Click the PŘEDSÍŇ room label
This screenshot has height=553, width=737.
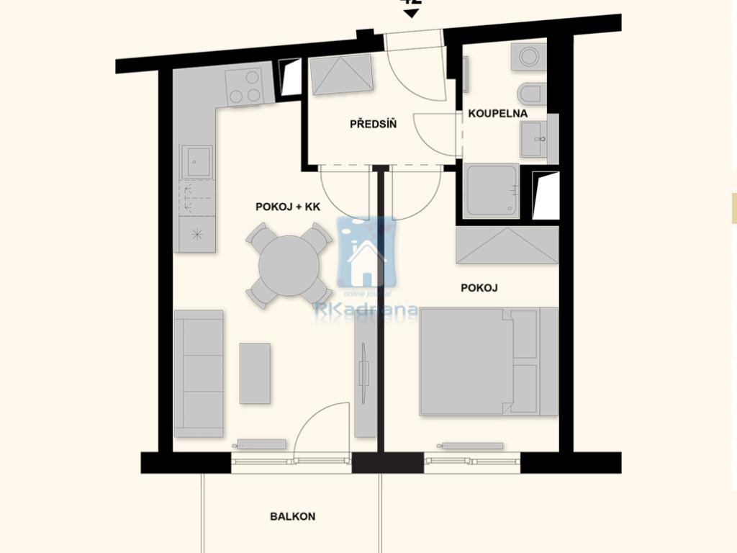[x=373, y=125]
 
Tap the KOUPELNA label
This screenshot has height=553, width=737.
[x=497, y=114]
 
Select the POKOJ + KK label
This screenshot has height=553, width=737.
[x=288, y=207]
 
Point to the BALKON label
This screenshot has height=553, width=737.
[x=292, y=516]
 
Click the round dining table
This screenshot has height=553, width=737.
[x=289, y=265]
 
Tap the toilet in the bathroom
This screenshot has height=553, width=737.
[x=532, y=94]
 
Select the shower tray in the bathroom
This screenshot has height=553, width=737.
[x=491, y=191]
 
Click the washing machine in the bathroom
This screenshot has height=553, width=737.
[x=529, y=56]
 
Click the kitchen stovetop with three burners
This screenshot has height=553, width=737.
[x=245, y=86]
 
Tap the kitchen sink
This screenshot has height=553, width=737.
[x=196, y=161]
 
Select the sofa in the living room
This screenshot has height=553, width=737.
[x=199, y=373]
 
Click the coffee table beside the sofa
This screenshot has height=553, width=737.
[x=255, y=373]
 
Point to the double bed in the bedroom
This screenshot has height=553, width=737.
[x=488, y=361]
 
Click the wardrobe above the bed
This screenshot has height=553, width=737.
[x=507, y=246]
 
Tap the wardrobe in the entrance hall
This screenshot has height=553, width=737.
[x=341, y=74]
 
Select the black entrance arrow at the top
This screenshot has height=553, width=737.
[x=411, y=14]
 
